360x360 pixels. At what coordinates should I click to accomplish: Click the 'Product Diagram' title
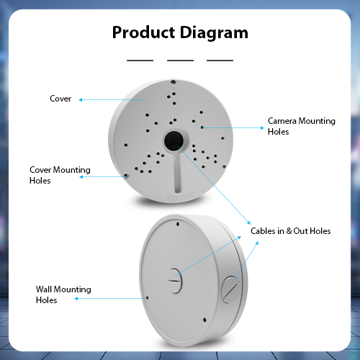click(180, 32)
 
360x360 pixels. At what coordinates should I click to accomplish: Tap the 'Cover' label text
click(60, 99)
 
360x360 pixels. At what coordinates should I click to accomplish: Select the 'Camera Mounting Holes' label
click(302, 126)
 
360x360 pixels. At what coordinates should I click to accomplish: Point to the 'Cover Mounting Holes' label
click(60, 175)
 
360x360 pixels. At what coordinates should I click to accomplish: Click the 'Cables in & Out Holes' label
click(290, 231)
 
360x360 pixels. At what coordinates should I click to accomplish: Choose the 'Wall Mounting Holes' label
click(63, 294)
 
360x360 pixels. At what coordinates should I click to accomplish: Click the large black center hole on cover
click(174, 140)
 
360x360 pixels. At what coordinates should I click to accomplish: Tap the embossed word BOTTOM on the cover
click(179, 197)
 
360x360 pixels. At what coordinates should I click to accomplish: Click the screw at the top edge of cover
click(173, 82)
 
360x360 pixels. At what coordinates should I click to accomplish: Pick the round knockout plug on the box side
click(230, 289)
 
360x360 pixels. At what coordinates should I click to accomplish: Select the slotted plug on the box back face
click(174, 281)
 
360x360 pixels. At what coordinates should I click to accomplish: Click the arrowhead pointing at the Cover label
click(81, 100)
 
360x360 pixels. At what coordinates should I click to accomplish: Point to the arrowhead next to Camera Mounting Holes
click(262, 127)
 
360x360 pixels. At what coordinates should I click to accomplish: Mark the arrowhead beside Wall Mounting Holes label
click(76, 299)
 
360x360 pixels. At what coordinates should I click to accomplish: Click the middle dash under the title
click(180, 60)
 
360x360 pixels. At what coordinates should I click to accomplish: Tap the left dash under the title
click(140, 60)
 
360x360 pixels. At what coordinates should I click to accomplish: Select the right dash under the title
click(220, 60)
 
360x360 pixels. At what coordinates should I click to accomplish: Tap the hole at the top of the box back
click(178, 224)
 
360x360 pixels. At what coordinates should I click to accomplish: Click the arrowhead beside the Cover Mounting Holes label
click(81, 177)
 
